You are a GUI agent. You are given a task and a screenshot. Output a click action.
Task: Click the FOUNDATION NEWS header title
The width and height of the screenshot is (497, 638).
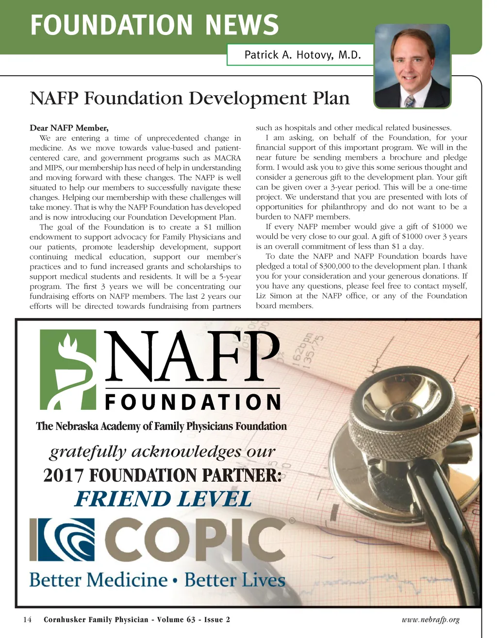pos(154,25)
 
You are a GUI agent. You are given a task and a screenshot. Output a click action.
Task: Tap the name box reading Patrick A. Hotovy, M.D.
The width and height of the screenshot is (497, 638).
pos(302,55)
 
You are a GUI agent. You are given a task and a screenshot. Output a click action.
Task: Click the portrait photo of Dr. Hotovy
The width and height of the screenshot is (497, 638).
pos(413,66)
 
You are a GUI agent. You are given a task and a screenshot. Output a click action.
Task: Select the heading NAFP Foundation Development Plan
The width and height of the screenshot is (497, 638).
pos(190,98)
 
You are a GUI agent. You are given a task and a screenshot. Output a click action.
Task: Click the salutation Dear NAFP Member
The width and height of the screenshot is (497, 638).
pos(69,128)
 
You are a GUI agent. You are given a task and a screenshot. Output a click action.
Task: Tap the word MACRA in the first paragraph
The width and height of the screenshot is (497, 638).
pos(227,158)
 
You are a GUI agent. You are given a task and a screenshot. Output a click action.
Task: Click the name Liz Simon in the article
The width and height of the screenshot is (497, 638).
pos(273,296)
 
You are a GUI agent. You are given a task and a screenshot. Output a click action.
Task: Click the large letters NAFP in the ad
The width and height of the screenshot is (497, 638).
pos(194,356)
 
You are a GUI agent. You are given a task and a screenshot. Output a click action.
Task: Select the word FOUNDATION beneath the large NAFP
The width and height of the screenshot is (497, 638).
pos(193,402)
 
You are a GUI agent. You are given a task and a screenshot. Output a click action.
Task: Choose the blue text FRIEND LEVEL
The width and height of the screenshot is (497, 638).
pos(163,499)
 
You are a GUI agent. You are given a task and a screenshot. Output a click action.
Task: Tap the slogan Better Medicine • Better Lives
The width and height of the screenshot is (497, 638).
pos(157,580)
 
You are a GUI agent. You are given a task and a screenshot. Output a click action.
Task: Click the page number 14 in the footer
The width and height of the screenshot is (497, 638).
pos(27,620)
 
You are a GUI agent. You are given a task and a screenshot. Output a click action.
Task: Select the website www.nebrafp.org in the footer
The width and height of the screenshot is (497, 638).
pos(431,620)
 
